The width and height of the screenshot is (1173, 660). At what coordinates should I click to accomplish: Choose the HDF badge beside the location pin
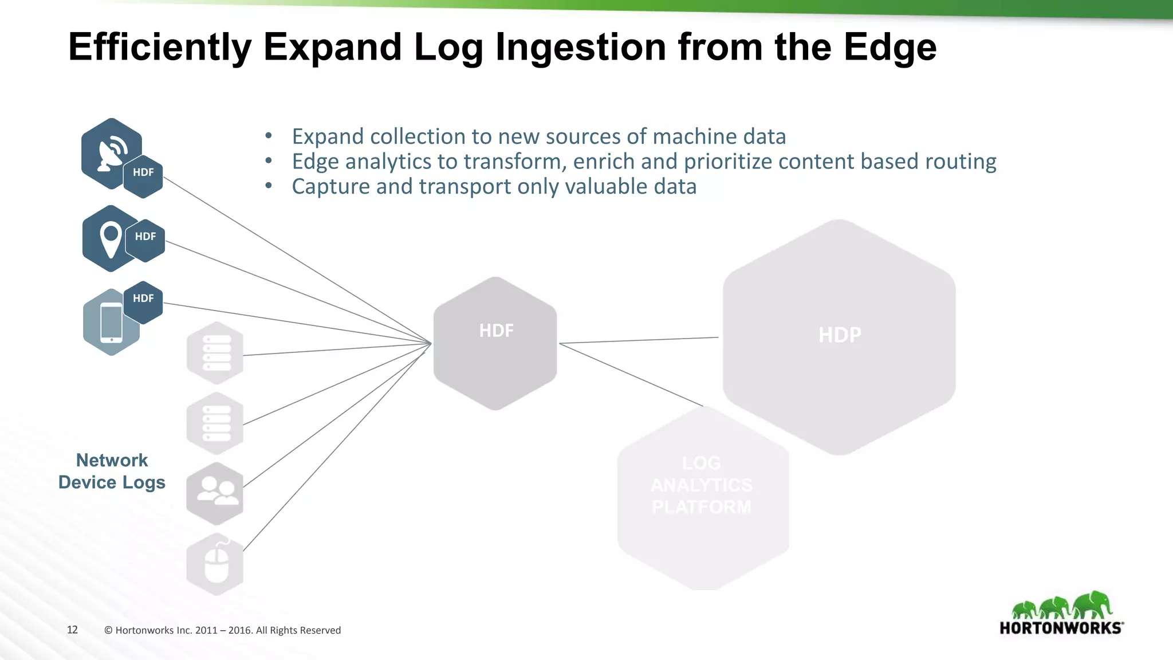click(145, 237)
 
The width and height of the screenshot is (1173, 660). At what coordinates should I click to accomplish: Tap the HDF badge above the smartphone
click(143, 299)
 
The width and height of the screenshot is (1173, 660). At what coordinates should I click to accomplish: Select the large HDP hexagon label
click(840, 335)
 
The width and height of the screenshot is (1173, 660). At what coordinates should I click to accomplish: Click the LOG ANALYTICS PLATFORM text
click(702, 485)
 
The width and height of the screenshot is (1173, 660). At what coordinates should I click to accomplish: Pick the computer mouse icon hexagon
click(215, 564)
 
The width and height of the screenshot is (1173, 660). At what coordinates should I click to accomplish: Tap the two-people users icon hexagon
click(215, 493)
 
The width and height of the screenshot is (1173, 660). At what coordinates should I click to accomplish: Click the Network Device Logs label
click(112, 472)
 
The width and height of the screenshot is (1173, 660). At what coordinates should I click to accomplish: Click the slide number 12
click(72, 630)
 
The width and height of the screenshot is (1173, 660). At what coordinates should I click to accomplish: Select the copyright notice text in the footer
click(222, 631)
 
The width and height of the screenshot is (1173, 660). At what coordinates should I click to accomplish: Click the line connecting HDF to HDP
click(639, 340)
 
